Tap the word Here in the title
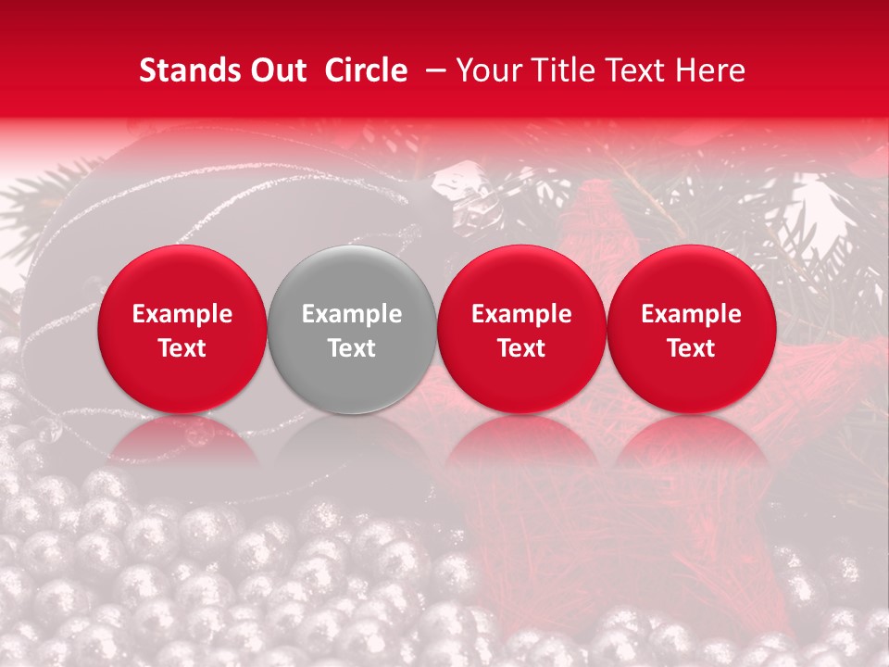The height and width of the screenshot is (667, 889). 708,70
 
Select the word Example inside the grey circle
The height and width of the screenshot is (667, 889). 352,314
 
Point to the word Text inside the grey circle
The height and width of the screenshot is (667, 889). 352,348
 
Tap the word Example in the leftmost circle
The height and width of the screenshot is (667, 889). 182,314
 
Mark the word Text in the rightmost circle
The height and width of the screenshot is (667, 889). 692,348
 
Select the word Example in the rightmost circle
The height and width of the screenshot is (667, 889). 692,314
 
